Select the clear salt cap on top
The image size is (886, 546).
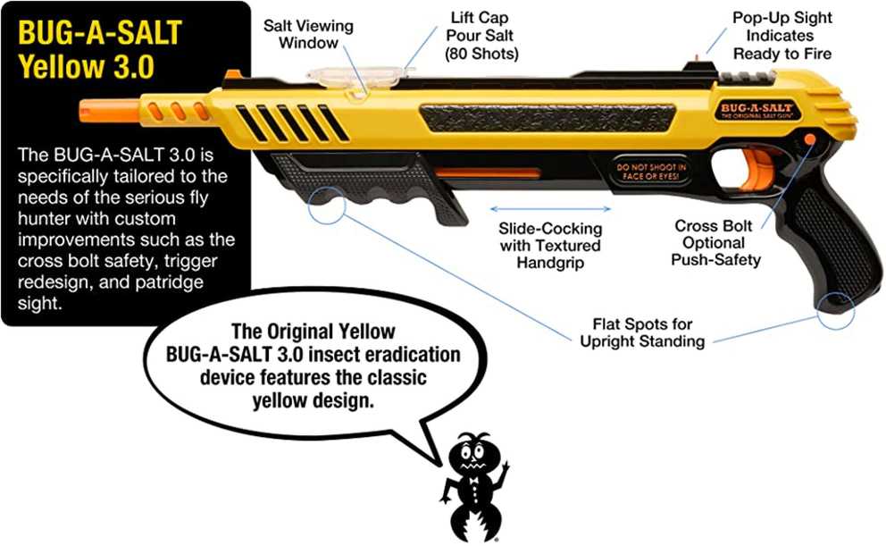tap(357, 78)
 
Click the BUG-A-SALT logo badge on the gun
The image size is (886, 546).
tap(756, 111)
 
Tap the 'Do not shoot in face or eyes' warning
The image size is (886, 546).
tap(650, 172)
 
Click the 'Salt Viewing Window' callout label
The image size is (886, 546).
tap(308, 34)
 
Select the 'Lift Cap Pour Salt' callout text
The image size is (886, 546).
tap(481, 35)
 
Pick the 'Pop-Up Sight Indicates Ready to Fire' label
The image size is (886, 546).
tap(782, 36)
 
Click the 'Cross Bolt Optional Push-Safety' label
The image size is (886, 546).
tap(715, 243)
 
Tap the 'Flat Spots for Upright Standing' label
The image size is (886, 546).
tap(642, 333)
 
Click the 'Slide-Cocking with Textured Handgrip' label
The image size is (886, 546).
tap(550, 246)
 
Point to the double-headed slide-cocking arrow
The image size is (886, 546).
tap(550, 209)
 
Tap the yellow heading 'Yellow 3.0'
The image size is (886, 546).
tap(86, 66)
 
